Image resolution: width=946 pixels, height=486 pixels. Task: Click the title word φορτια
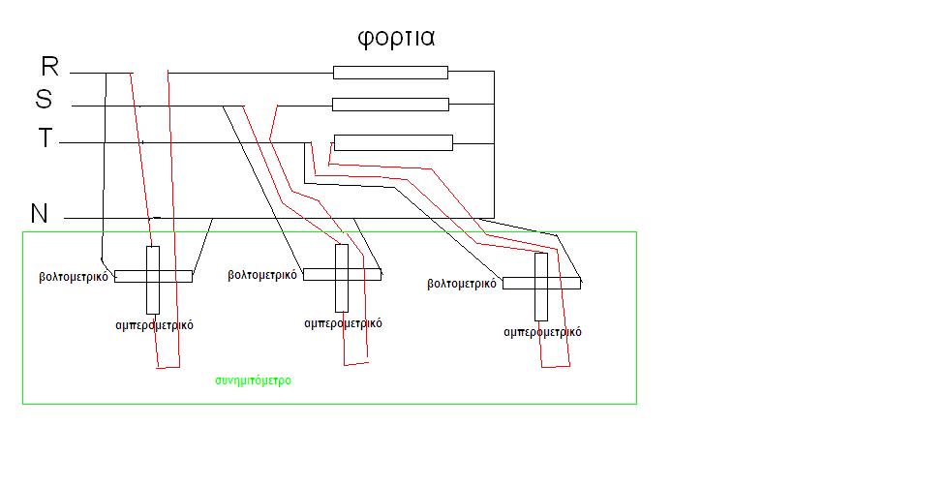[x=396, y=39]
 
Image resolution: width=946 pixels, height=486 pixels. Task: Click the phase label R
[x=50, y=67]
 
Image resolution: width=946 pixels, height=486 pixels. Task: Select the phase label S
[x=44, y=99]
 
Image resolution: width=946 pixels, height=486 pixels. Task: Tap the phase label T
[x=46, y=138]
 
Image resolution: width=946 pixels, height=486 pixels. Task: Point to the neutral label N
[x=40, y=213]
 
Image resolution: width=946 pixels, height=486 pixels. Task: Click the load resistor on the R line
[x=390, y=73]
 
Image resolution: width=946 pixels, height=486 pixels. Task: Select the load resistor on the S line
[x=390, y=105]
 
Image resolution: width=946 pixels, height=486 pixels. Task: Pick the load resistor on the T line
[x=393, y=143]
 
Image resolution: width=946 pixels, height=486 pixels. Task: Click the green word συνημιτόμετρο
[x=253, y=381]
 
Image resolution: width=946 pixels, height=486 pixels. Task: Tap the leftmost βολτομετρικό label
[x=74, y=278]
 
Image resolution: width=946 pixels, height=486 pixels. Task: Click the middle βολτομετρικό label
[x=262, y=275]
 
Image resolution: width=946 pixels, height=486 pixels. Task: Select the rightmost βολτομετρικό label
[x=462, y=284]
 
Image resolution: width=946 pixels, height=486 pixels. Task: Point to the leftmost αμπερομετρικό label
[x=155, y=325]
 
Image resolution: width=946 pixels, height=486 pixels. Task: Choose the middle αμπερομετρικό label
[x=343, y=323]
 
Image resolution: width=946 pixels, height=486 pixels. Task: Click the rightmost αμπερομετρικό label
[x=542, y=332]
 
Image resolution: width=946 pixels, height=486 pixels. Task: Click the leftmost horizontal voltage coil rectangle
[x=153, y=276]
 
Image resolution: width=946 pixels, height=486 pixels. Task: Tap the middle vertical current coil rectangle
[x=342, y=278]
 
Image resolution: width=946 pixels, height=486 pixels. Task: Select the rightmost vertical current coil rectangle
[x=541, y=287]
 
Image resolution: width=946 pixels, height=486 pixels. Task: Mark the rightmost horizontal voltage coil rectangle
[x=542, y=283]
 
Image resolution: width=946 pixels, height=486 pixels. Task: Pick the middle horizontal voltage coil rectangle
[x=342, y=274]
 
